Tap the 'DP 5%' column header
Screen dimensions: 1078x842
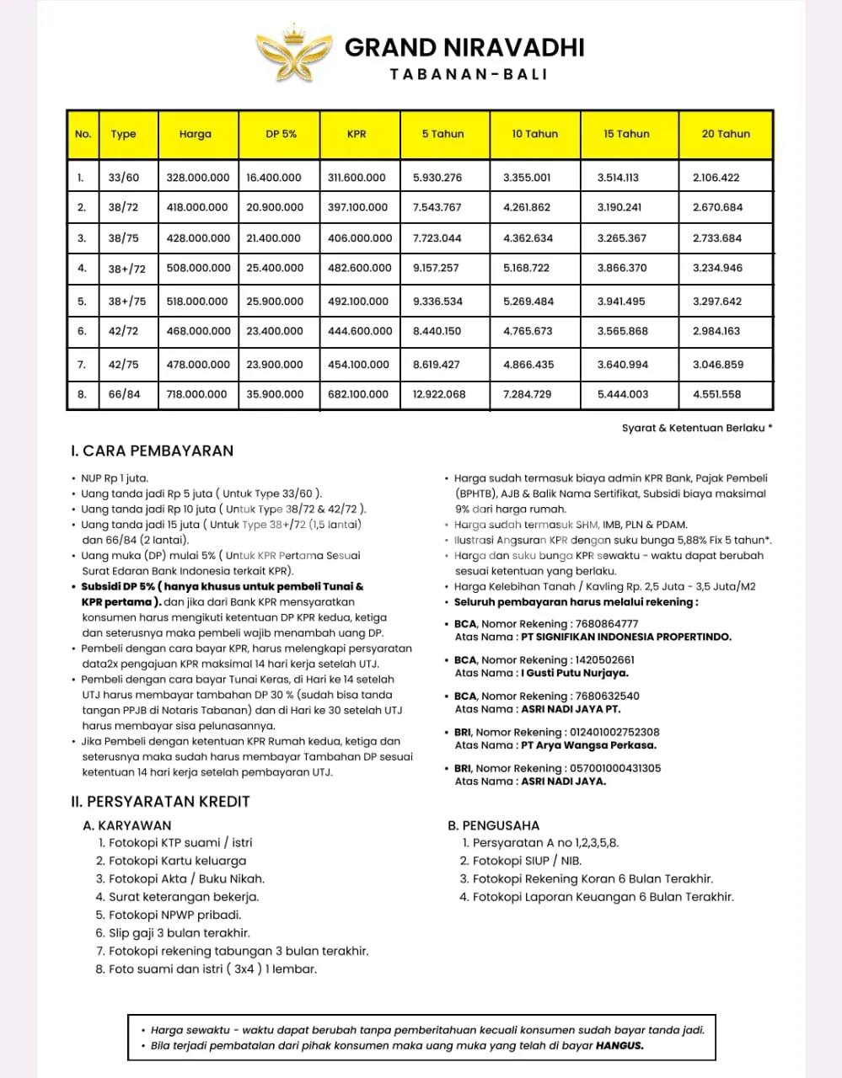(x=281, y=134)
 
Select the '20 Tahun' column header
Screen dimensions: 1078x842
(x=725, y=134)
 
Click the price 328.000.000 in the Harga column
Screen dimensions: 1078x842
(x=198, y=178)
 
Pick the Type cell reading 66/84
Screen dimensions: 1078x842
(x=124, y=394)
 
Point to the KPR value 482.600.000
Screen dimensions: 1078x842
(x=359, y=268)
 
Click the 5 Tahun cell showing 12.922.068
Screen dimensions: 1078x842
(x=439, y=394)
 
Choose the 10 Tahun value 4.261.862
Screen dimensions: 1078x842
(x=527, y=207)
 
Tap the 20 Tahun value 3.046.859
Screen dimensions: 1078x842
(x=717, y=365)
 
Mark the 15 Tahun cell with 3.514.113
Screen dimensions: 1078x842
(x=618, y=178)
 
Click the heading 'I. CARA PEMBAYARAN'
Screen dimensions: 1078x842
(x=152, y=451)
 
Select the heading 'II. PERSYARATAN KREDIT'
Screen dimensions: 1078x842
(x=160, y=802)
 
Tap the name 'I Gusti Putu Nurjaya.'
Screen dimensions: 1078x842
(x=575, y=673)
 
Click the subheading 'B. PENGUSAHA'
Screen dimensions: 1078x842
(x=493, y=825)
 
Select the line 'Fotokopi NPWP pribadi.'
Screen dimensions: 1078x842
(x=174, y=915)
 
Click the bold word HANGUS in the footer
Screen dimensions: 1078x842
(x=619, y=1046)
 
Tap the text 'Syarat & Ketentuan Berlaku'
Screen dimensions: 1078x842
(x=693, y=428)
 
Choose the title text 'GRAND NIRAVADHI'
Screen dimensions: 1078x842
(x=464, y=47)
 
